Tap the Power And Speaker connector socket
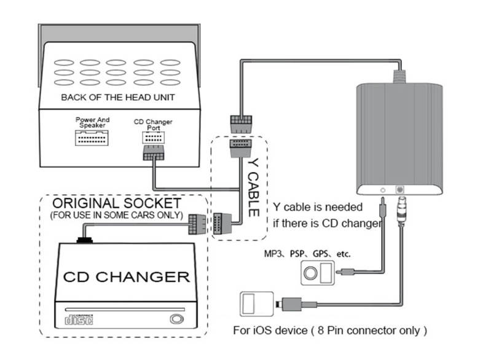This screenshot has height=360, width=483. point(92,138)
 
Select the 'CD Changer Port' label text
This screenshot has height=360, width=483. point(153,125)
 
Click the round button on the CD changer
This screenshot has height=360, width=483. point(177,319)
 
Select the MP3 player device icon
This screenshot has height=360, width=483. point(316,272)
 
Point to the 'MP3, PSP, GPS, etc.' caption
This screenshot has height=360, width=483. point(310,253)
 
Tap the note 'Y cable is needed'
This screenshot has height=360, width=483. point(318,207)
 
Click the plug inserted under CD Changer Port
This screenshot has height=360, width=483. point(153,154)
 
